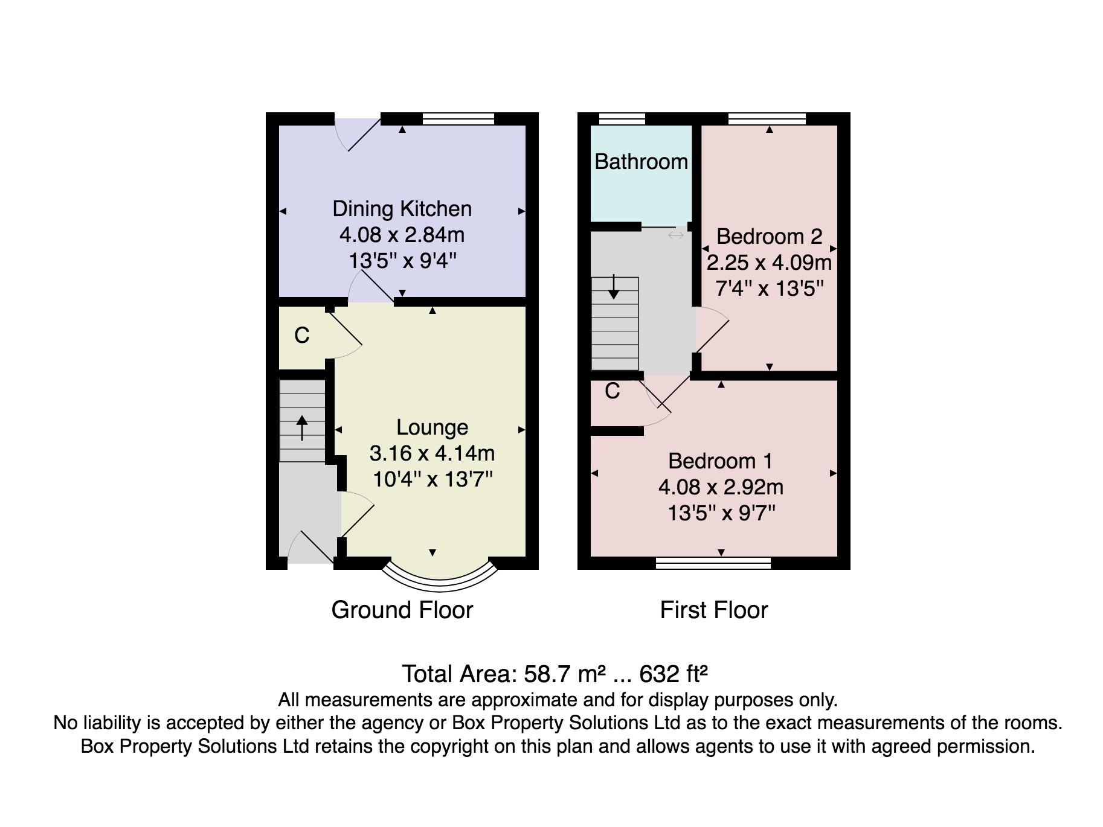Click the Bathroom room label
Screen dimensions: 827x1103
tap(641, 162)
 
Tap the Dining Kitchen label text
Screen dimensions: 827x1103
tap(402, 209)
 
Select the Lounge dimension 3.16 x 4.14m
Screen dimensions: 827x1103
tap(432, 453)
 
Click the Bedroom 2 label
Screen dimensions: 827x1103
tap(769, 237)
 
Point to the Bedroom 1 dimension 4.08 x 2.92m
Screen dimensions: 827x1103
tap(721, 487)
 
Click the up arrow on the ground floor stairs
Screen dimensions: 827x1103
tap(301, 427)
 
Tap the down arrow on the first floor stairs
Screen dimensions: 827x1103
tap(614, 287)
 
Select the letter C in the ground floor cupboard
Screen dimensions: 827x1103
tap(302, 335)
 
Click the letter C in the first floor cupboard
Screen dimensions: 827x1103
tap(613, 391)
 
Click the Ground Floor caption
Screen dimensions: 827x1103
tap(402, 610)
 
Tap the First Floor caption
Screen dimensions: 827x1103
tap(713, 610)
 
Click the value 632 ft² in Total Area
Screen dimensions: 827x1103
tap(673, 674)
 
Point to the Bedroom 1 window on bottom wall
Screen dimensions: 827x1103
tap(713, 564)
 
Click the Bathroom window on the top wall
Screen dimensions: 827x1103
tap(622, 118)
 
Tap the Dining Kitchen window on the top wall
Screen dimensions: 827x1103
tap(458, 118)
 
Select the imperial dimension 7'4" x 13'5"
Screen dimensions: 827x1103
tap(769, 289)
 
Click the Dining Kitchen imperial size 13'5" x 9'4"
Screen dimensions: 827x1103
tap(402, 261)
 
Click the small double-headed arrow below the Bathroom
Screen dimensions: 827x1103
tap(676, 235)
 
